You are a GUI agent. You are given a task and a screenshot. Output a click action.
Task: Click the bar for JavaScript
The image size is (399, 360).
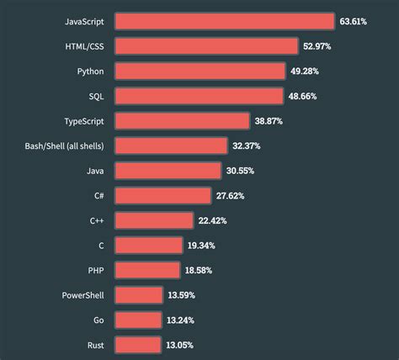point(224,21)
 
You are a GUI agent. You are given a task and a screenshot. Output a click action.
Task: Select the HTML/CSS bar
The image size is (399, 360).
point(206,45)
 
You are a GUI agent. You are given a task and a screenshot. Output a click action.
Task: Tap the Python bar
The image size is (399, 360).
point(199,71)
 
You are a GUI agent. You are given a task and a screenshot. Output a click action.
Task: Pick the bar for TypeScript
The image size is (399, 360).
point(182,120)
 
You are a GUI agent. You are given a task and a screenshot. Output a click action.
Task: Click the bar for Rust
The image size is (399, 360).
point(137,345)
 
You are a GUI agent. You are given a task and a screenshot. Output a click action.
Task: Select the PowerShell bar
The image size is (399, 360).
point(139,295)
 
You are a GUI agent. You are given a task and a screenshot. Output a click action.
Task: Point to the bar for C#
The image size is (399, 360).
point(162,195)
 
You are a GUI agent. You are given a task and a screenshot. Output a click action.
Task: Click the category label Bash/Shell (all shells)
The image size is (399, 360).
point(64,146)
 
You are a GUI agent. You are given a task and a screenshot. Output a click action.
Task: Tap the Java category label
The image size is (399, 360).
point(93,171)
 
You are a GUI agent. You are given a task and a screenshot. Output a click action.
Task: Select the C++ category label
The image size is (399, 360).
point(97,220)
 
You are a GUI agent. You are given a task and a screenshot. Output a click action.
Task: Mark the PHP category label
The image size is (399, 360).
point(94,270)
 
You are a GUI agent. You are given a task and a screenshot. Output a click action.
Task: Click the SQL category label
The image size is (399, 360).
point(95,96)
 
